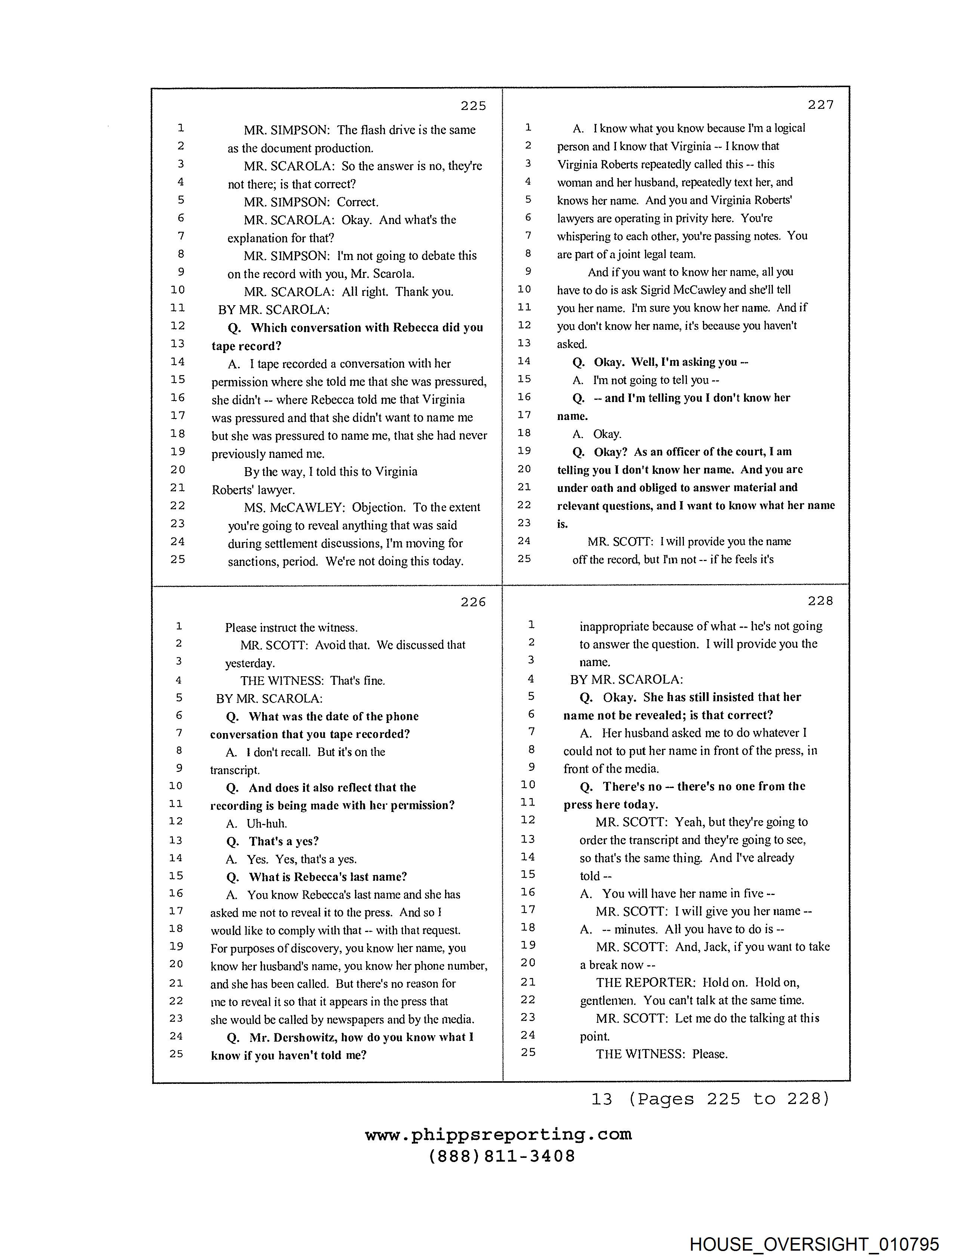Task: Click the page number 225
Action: pos(473,105)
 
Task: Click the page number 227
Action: pos(820,104)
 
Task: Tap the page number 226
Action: pos(473,602)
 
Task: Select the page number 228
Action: pos(820,601)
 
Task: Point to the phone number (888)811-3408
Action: pos(502,1156)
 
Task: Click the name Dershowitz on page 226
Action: pos(305,1037)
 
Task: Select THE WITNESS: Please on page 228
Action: pos(661,1054)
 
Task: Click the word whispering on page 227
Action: pos(585,236)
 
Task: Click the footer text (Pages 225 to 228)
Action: pos(729,1099)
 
